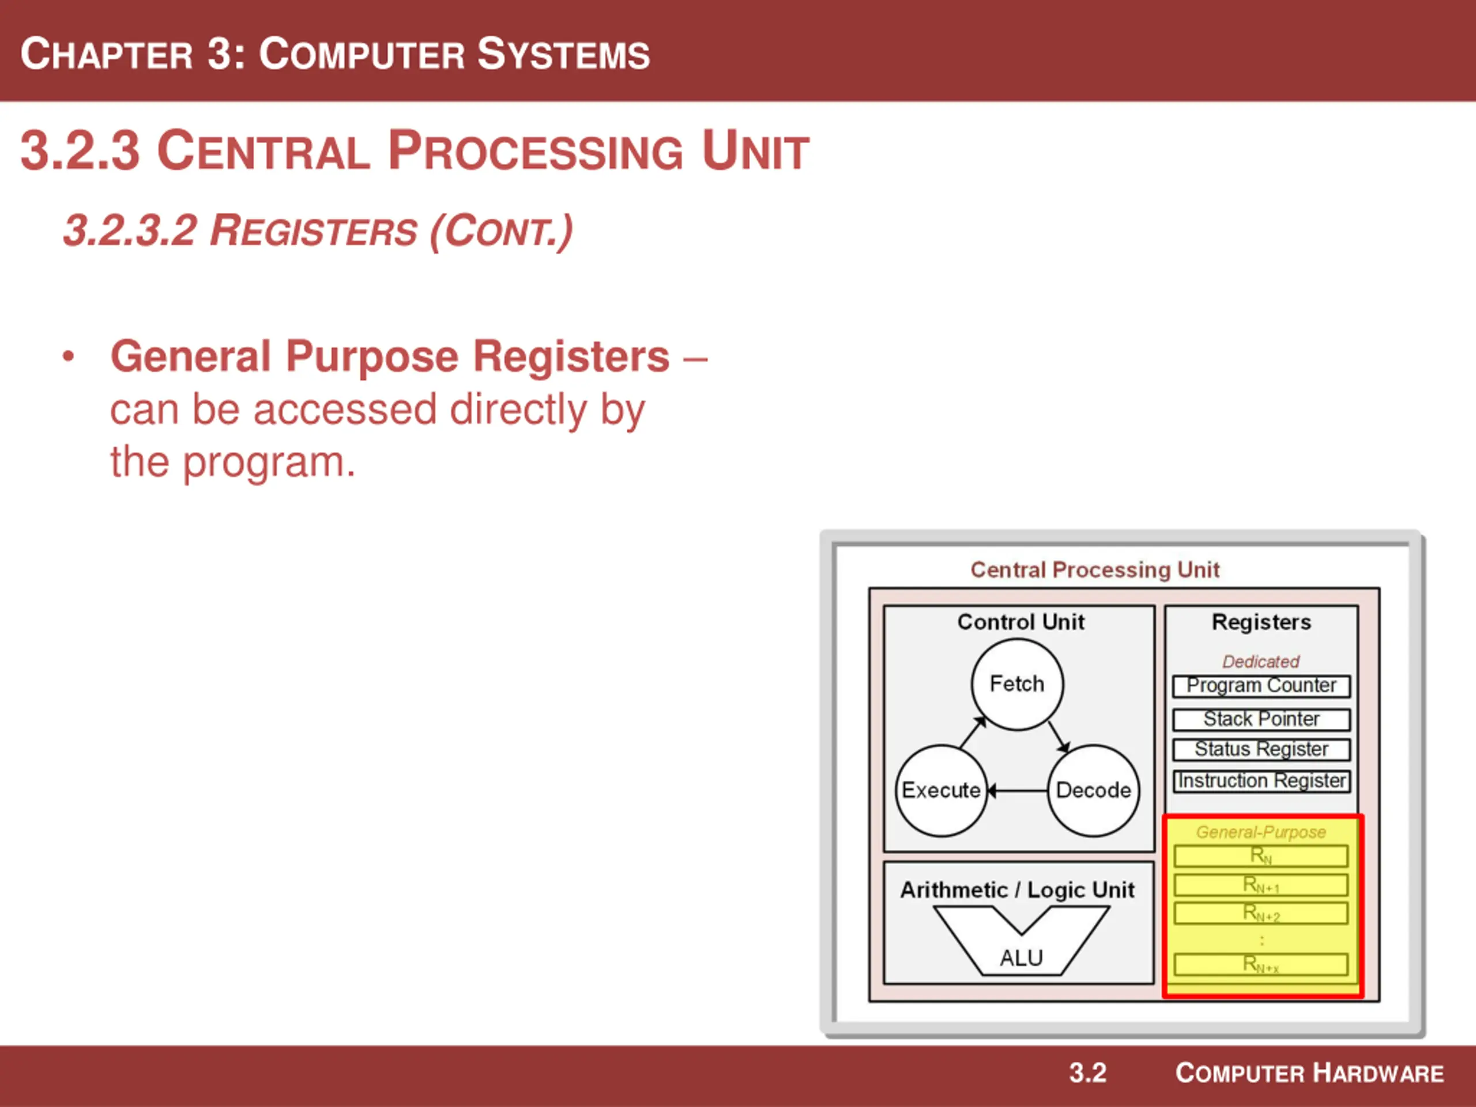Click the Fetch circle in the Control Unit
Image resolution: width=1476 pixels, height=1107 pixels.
click(x=1017, y=684)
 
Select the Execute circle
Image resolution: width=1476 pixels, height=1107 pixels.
click(x=941, y=790)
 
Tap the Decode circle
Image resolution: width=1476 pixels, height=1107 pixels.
click(x=1094, y=790)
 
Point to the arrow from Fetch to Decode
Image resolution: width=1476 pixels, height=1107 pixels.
click(x=1059, y=737)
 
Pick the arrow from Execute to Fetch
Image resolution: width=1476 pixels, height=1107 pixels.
click(x=973, y=732)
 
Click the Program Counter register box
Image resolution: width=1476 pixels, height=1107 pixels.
click(x=1261, y=686)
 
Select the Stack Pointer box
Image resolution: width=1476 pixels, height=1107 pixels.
click(x=1261, y=720)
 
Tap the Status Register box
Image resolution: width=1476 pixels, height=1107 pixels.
click(x=1261, y=750)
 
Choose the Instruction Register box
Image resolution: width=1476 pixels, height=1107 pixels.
click(x=1261, y=781)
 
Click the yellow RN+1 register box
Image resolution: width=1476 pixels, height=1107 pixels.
click(x=1260, y=886)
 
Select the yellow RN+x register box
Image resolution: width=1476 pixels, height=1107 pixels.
click(x=1260, y=964)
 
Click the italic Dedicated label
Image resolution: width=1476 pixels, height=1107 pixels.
click(x=1260, y=661)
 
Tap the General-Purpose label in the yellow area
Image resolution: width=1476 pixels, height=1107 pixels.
click(x=1260, y=832)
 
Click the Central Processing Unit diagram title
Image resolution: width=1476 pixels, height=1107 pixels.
click(x=1095, y=570)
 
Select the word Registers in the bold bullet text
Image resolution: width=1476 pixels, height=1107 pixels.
click(x=571, y=357)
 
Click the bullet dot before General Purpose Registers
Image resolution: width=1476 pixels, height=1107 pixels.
click(x=68, y=356)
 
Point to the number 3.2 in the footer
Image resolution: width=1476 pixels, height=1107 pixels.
click(x=1087, y=1073)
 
